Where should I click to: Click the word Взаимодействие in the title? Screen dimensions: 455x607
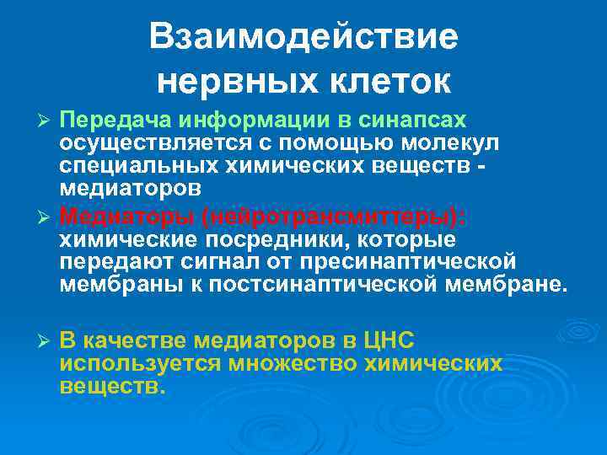pos(303,37)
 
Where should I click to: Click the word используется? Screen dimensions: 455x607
pos(138,362)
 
